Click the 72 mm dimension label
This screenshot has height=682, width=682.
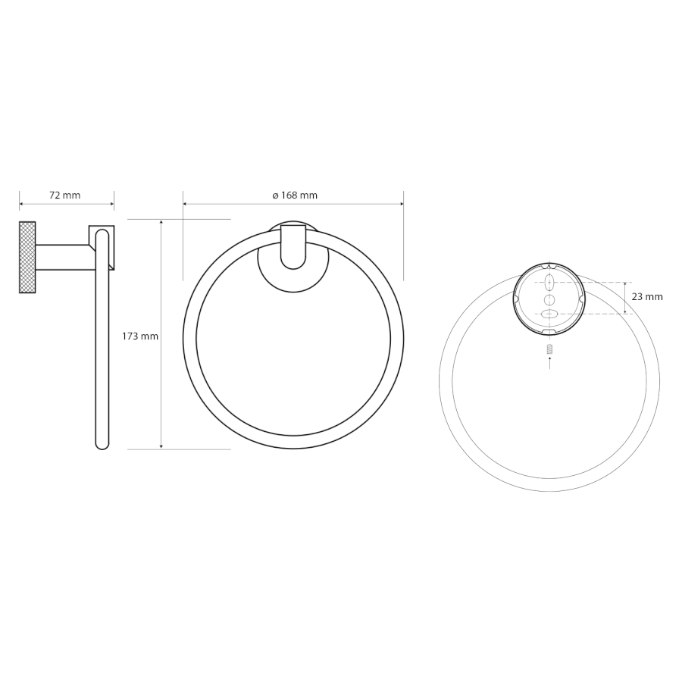point(65,196)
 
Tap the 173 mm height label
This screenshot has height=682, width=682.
point(140,336)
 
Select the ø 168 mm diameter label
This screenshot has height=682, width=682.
point(295,196)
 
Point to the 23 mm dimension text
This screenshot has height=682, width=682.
point(647,297)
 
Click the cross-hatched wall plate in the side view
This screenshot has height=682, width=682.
point(27,257)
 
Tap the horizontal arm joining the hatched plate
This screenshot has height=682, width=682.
point(64,257)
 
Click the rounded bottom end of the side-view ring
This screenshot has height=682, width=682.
point(102,443)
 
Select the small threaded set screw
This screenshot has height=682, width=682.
point(550,349)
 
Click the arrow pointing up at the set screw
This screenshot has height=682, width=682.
point(550,363)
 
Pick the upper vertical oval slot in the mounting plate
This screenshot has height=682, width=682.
point(550,283)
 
